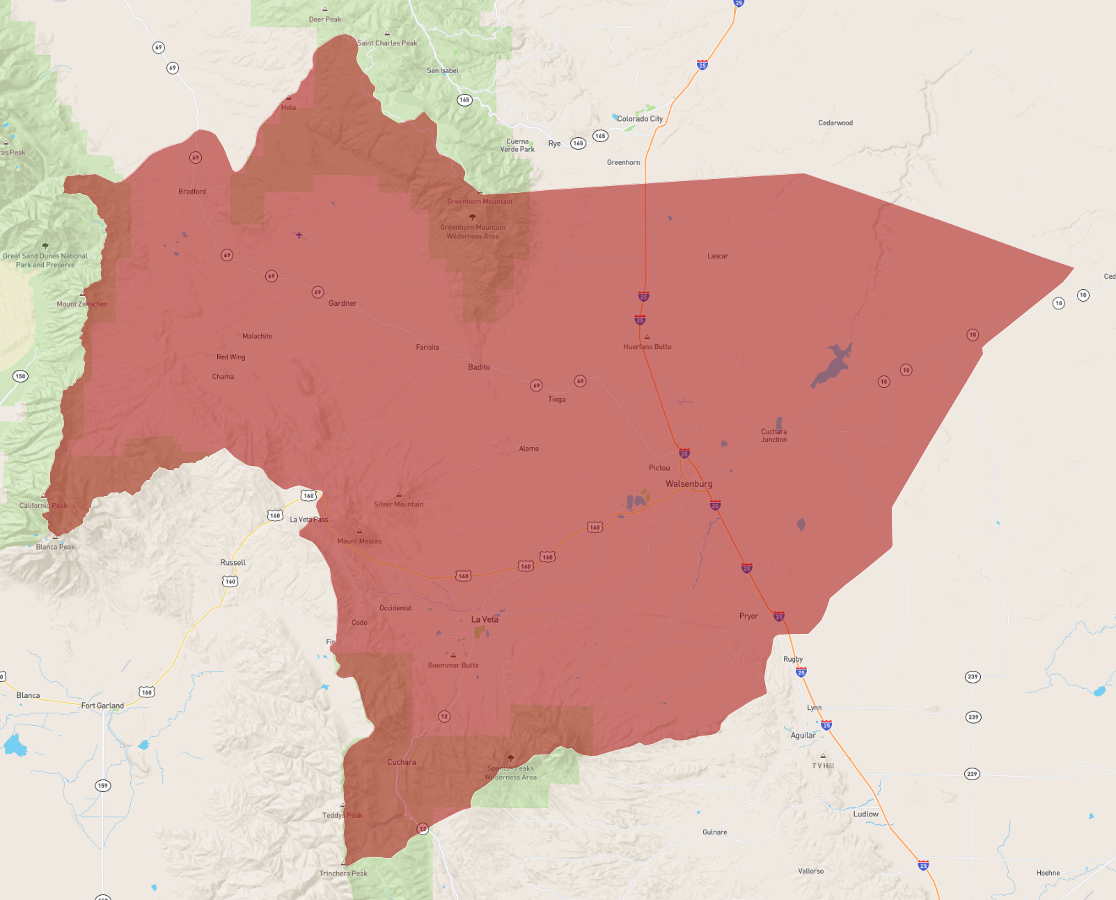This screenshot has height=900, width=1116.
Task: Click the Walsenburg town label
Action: [689, 484]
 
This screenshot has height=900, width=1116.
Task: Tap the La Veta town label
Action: [485, 619]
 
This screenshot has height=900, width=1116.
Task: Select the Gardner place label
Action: [343, 303]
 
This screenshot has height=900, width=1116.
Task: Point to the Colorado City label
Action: [640, 119]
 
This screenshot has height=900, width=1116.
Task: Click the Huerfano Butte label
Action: [647, 346]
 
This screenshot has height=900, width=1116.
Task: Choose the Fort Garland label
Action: [102, 706]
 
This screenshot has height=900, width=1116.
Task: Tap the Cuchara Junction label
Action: [773, 435]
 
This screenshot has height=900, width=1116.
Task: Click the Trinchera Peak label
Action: [343, 874]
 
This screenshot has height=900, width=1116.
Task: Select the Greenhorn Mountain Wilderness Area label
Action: [473, 231]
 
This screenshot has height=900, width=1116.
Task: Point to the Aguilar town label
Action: [803, 735]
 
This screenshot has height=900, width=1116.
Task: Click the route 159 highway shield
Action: [103, 786]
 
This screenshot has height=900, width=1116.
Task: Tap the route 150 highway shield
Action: [20, 376]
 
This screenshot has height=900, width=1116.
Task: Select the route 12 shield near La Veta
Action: [444, 716]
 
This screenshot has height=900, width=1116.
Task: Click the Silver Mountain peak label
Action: [398, 504]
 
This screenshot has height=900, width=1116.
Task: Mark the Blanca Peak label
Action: [56, 547]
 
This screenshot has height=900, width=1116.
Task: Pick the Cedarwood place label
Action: [835, 123]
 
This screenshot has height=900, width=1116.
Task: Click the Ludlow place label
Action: [866, 814]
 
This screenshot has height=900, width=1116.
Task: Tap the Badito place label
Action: [479, 367]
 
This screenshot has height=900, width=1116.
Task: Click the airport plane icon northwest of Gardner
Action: [299, 235]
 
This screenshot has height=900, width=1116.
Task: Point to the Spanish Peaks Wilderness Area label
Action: [511, 773]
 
